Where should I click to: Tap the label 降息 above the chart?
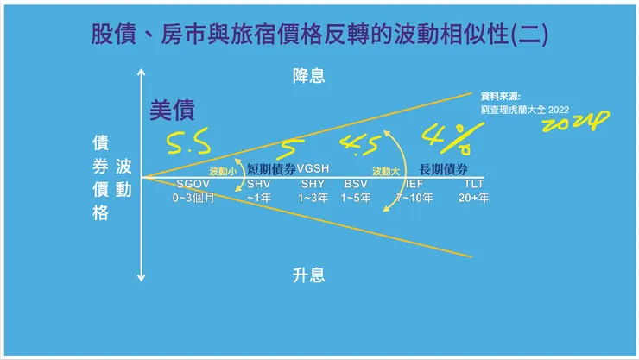(x=308, y=76)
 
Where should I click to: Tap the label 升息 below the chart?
(x=308, y=275)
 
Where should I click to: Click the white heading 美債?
(x=173, y=110)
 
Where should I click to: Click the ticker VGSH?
(x=313, y=168)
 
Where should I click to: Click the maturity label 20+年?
(x=473, y=199)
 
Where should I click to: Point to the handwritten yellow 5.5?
(x=188, y=138)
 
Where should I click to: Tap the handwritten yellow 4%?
(x=446, y=135)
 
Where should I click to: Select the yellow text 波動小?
(x=223, y=170)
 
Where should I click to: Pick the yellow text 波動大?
(x=386, y=170)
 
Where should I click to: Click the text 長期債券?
(x=443, y=168)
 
